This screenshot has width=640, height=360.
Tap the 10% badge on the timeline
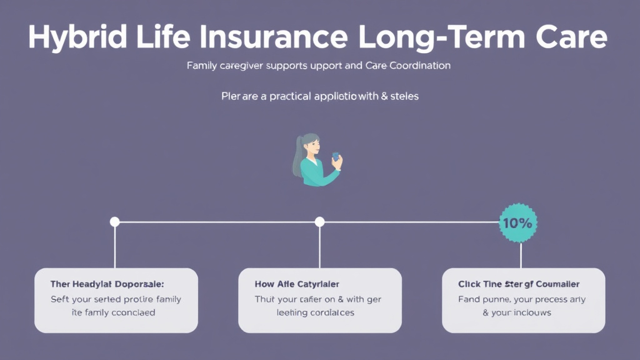pyautogui.click(x=518, y=222)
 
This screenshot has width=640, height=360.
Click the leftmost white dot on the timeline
pyautogui.click(x=114, y=222)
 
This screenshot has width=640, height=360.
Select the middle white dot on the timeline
pyautogui.click(x=319, y=222)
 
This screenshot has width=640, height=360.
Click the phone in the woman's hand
pyautogui.click(x=336, y=157)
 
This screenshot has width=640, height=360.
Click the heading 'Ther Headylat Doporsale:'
pyautogui.click(x=107, y=284)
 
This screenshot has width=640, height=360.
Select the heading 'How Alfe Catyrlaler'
pyautogui.click(x=297, y=284)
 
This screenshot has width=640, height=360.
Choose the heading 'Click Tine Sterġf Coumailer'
pyautogui.click(x=519, y=284)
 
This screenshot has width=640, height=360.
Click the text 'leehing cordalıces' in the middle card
pyautogui.click(x=315, y=312)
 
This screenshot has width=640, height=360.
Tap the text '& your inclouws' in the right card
pyautogui.click(x=517, y=312)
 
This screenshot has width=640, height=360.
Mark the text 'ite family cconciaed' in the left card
pyautogui.click(x=112, y=312)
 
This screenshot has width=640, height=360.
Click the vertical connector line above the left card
pyautogui.click(x=114, y=247)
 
